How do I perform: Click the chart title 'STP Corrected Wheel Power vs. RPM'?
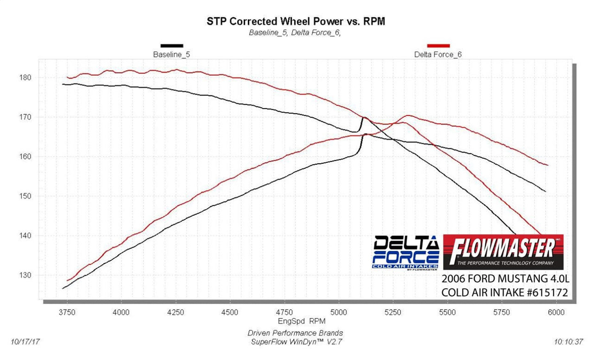point(295,21)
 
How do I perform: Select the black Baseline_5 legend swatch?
point(172,46)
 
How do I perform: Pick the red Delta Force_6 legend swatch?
point(438,46)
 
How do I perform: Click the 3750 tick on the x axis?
point(67,312)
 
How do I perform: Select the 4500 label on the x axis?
point(229,312)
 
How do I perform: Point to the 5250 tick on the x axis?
point(393,312)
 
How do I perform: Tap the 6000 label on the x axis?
point(556,312)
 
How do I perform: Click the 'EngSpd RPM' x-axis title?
point(302,321)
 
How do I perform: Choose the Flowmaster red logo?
point(503,252)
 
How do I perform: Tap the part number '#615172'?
point(547,293)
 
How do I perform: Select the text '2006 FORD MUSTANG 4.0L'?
point(505,279)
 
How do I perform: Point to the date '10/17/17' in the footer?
point(25,342)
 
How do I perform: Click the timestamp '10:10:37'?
point(568,342)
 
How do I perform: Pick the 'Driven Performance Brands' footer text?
point(295,333)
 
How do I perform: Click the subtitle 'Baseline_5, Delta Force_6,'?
point(295,32)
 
